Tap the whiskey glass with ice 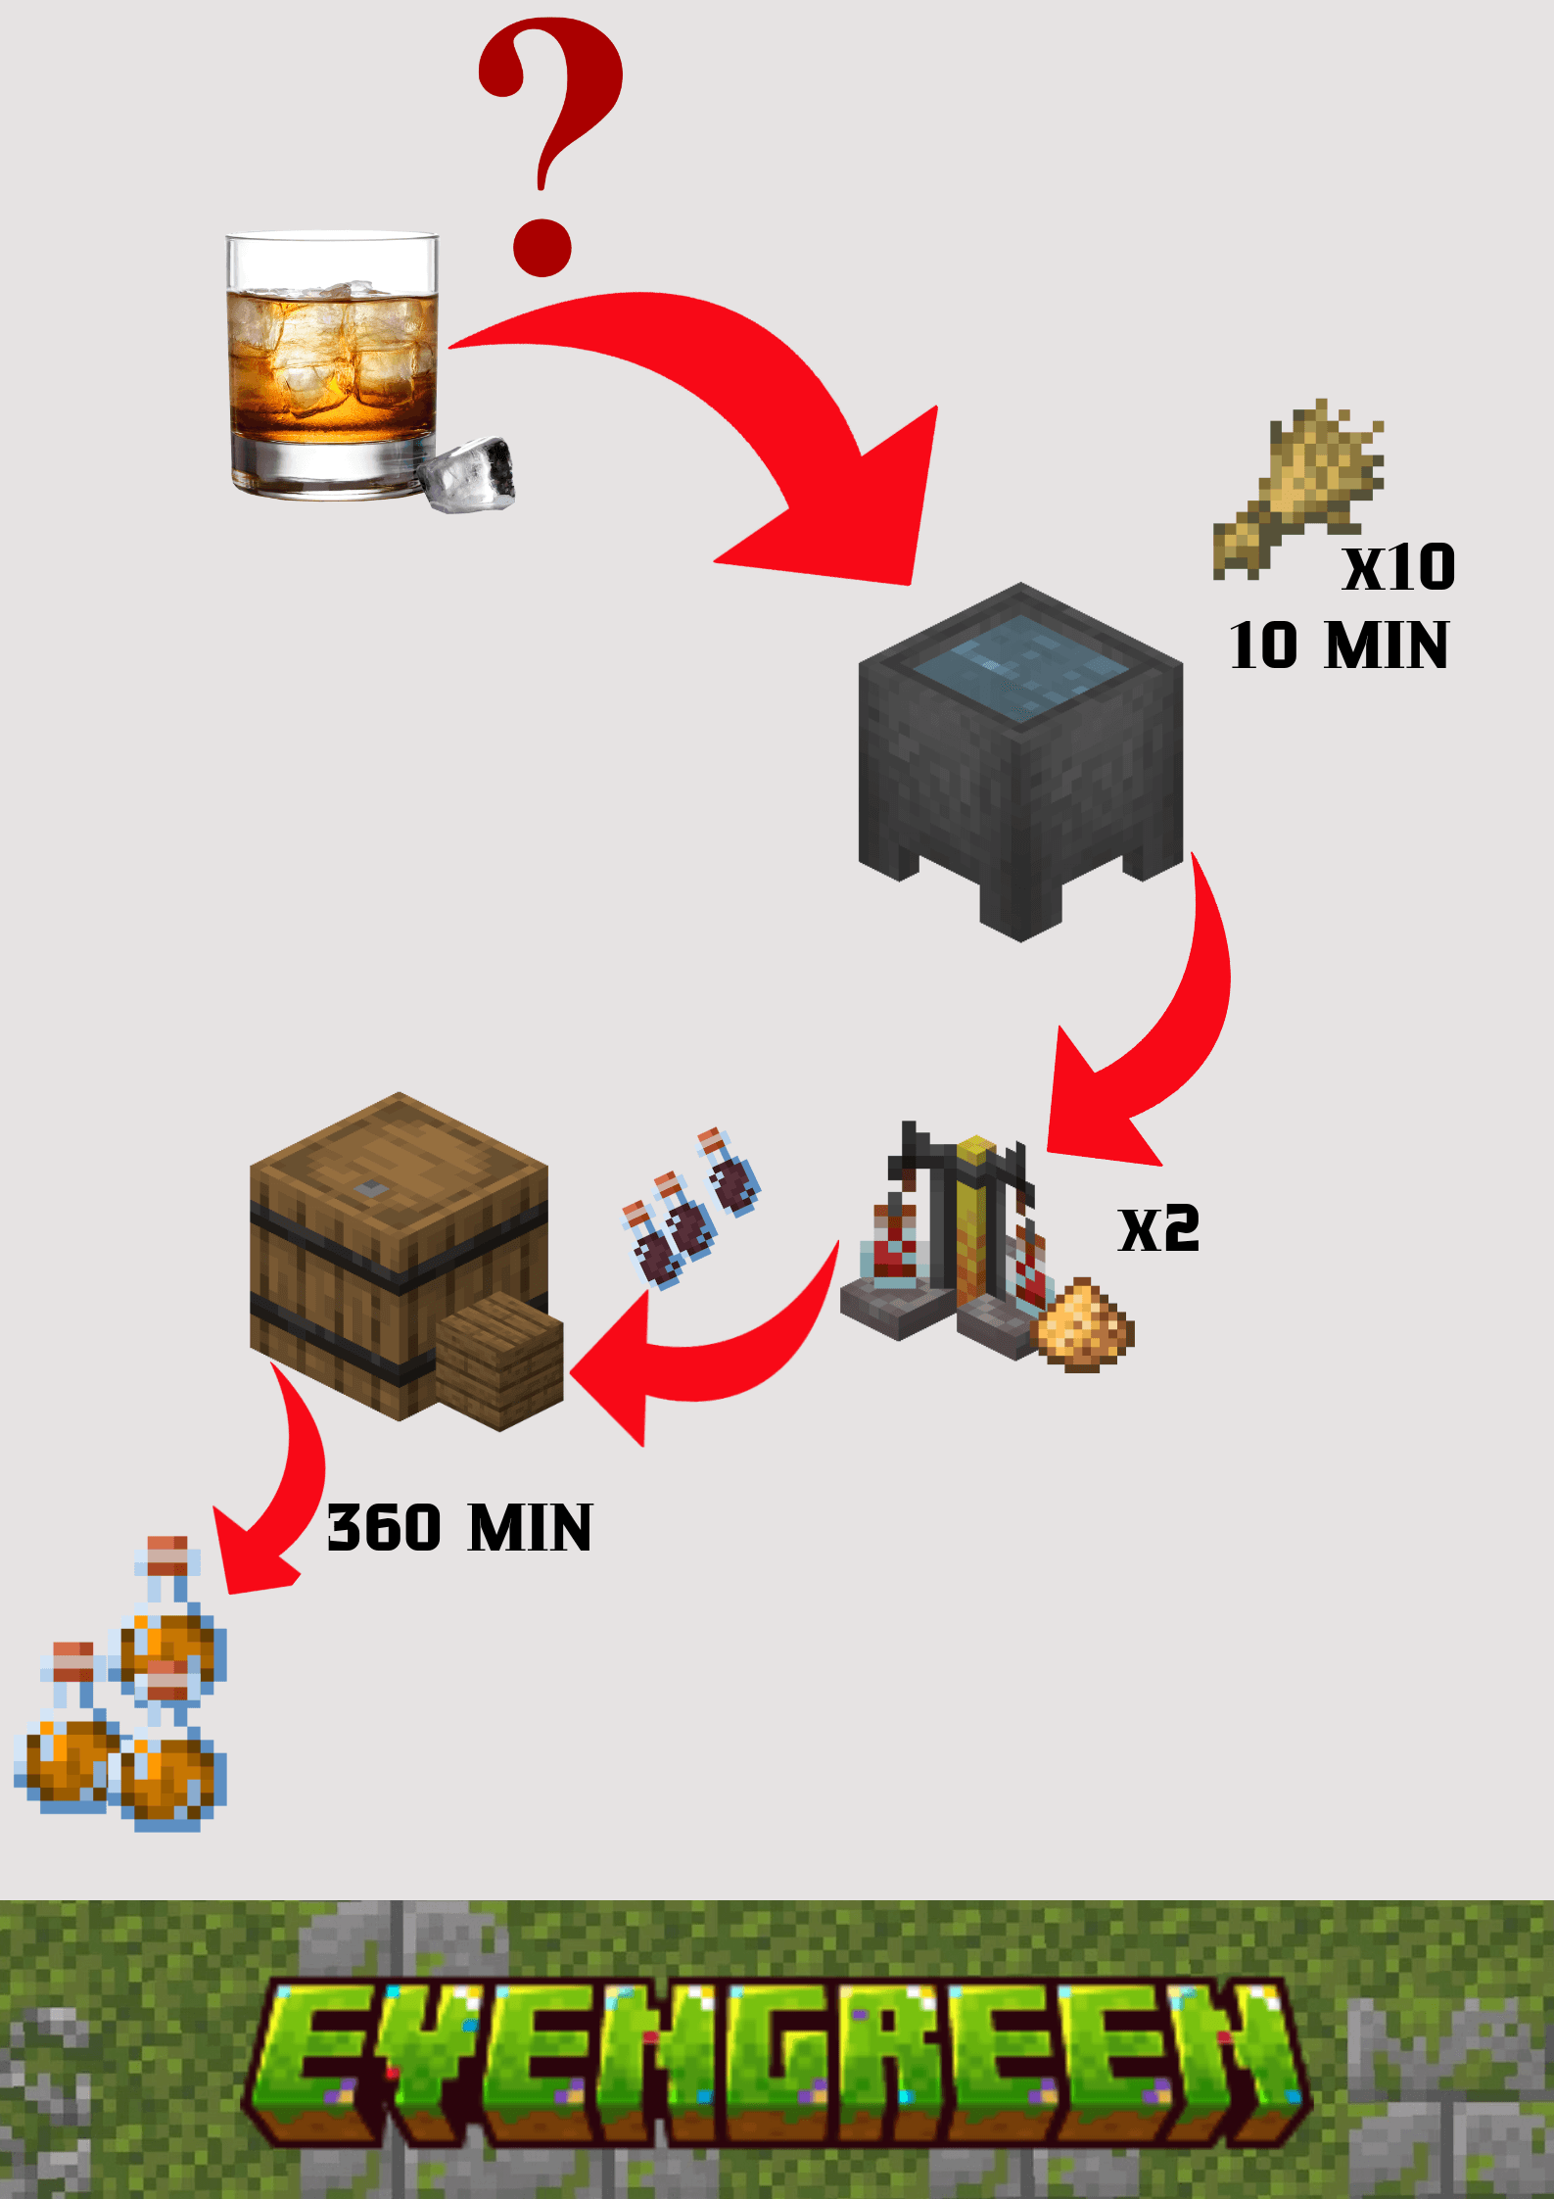pos(331,362)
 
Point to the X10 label pos(1398,568)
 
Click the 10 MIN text pos(1339,645)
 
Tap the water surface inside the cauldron pos(1020,666)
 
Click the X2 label pos(1158,1229)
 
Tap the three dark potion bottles pos(690,1210)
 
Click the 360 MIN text pos(459,1528)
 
